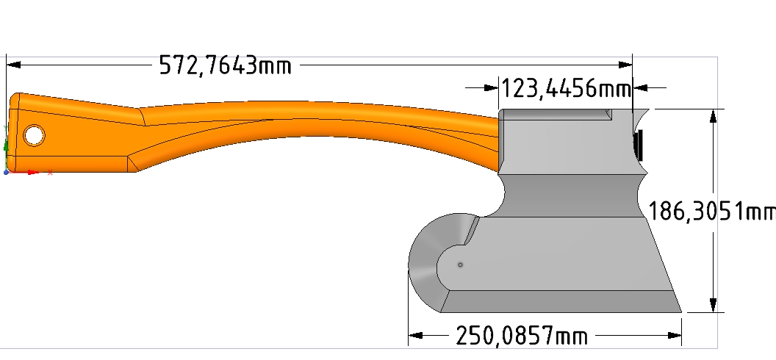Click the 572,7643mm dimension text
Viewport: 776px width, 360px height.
[225, 66]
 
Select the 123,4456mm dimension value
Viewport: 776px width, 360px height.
[566, 89]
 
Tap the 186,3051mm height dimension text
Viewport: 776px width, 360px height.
[711, 212]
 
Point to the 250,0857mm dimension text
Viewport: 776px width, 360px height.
[522, 336]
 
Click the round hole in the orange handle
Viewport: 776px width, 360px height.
[33, 135]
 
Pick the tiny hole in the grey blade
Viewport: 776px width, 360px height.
[460, 264]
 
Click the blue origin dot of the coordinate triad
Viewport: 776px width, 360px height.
[7, 172]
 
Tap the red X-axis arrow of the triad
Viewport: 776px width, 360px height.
[32, 172]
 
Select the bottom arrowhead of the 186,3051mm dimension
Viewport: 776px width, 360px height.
[712, 304]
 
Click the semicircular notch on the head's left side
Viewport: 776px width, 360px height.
[503, 196]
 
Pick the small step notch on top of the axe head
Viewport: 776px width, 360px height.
[607, 114]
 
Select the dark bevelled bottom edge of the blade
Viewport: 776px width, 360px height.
[558, 301]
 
